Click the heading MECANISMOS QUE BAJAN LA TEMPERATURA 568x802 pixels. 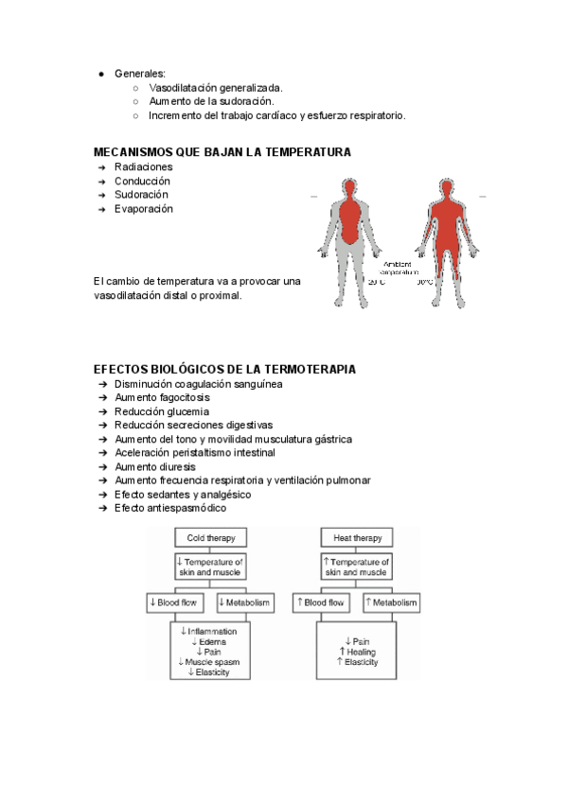[222, 152]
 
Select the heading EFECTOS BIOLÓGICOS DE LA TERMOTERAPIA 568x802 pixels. [224, 369]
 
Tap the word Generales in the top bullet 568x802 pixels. [139, 74]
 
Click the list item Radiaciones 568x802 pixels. [143, 166]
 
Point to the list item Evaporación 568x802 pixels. [144, 209]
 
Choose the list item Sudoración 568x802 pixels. [142, 195]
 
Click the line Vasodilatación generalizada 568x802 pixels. [216, 88]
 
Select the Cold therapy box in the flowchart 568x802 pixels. [210, 537]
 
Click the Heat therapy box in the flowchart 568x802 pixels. [358, 537]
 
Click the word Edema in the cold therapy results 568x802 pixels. [213, 641]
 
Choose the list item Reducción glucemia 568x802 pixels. [162, 411]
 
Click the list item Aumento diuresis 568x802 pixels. [155, 467]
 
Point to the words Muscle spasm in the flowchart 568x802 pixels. [213, 662]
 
